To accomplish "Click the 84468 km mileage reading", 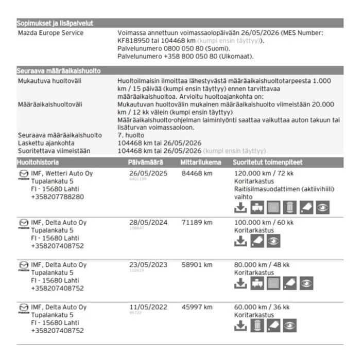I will [x=197, y=173].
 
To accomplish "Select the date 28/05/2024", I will [x=148, y=222].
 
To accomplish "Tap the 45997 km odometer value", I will [x=197, y=307].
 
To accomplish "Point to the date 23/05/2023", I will [x=148, y=265].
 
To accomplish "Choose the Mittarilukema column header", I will [x=201, y=163].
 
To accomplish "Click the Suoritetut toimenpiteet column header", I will [x=265, y=163].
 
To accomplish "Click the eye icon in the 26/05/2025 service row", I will [x=322, y=207].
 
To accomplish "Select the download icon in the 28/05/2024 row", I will [x=240, y=241].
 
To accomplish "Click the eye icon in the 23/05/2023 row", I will [x=306, y=283].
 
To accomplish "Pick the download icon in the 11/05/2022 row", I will [x=240, y=326].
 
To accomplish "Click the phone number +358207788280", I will [x=58, y=196].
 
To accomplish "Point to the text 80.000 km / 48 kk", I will [x=262, y=265].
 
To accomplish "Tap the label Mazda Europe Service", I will [x=51, y=33].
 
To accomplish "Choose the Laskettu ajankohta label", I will [x=46, y=143].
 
